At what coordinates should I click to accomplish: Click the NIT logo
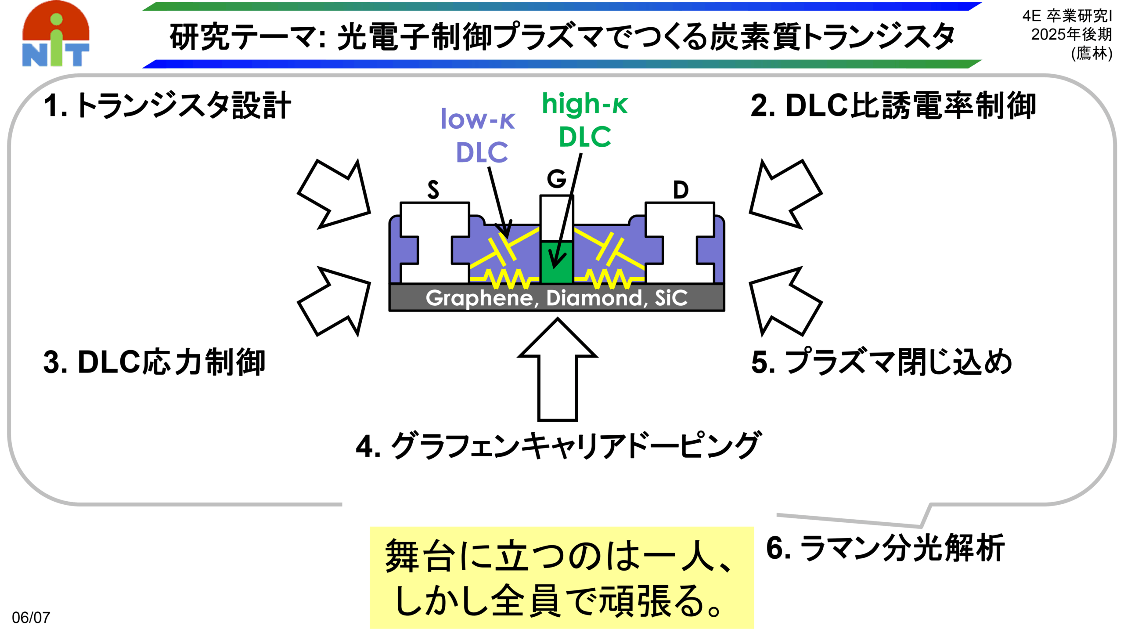[56, 34]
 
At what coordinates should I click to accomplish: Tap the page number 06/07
[31, 617]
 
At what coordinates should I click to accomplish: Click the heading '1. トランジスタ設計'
[167, 106]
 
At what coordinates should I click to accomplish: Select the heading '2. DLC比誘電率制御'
[893, 106]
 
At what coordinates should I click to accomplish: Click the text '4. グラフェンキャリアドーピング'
[558, 445]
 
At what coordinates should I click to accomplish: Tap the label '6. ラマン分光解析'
[885, 548]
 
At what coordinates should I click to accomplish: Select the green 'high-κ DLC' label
[585, 119]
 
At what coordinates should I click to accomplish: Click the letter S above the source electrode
[433, 190]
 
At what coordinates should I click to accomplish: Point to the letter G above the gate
[556, 179]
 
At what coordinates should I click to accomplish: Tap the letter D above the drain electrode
[681, 190]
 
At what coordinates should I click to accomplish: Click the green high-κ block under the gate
[556, 262]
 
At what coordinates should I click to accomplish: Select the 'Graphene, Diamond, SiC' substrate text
[556, 298]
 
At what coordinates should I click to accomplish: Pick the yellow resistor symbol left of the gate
[505, 278]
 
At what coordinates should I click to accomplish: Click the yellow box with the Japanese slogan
[562, 578]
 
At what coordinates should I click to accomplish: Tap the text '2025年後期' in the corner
[1071, 34]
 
